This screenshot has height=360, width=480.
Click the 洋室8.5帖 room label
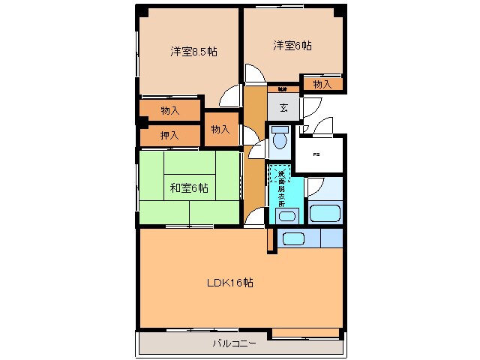(x=193, y=52)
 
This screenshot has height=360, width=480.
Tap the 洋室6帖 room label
(x=292, y=46)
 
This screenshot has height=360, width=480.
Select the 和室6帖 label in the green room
(x=188, y=187)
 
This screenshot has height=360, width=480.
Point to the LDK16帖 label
(x=229, y=283)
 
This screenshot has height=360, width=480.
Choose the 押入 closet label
(x=169, y=135)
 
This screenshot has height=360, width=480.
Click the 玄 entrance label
(x=283, y=107)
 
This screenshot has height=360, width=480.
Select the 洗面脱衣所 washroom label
(x=280, y=188)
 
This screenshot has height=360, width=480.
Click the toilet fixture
(x=280, y=140)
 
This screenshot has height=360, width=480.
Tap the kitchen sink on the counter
(x=292, y=239)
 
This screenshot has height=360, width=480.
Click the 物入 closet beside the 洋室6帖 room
(x=322, y=83)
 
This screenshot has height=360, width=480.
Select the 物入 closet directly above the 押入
(x=170, y=110)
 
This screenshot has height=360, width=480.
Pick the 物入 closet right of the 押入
(x=220, y=129)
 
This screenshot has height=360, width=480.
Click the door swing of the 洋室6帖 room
(x=253, y=73)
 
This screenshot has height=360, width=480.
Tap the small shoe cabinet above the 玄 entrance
(x=283, y=88)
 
